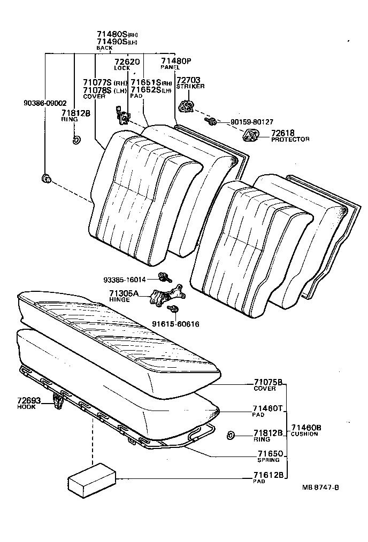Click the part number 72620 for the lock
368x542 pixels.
point(127,62)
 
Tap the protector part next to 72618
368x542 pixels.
point(250,136)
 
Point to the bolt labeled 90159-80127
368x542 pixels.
point(212,122)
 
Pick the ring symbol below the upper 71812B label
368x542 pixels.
point(75,141)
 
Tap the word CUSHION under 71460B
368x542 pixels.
point(304,433)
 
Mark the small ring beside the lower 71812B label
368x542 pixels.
point(231,435)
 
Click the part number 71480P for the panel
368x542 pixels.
point(175,61)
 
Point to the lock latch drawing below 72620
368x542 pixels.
point(122,115)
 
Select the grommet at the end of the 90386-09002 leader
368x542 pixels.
point(47,178)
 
